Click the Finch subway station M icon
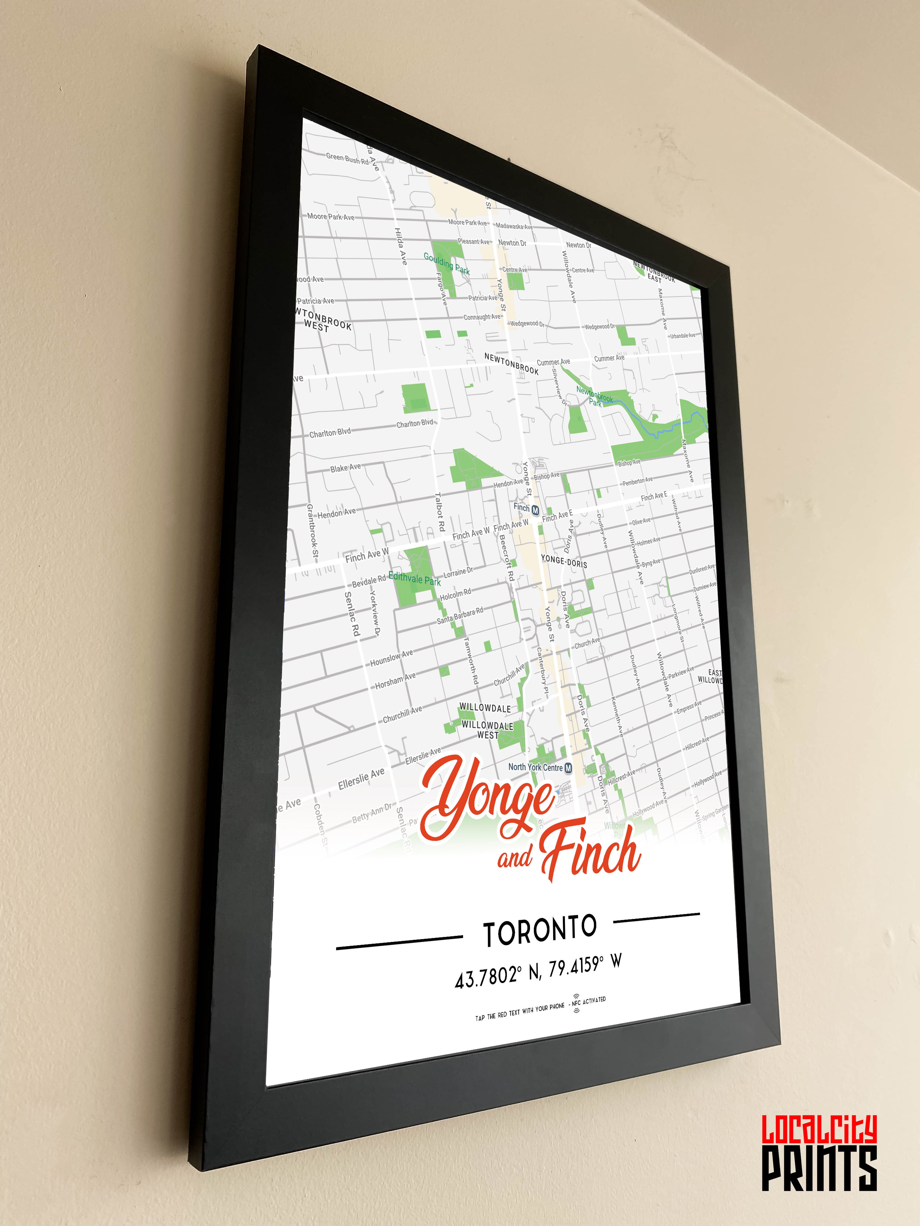tap(535, 510)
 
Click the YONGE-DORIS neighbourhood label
tap(563, 561)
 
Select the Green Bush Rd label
tap(347, 159)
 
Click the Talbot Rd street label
tap(440, 511)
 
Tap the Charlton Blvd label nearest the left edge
tap(330, 432)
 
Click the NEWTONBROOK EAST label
tap(654, 272)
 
